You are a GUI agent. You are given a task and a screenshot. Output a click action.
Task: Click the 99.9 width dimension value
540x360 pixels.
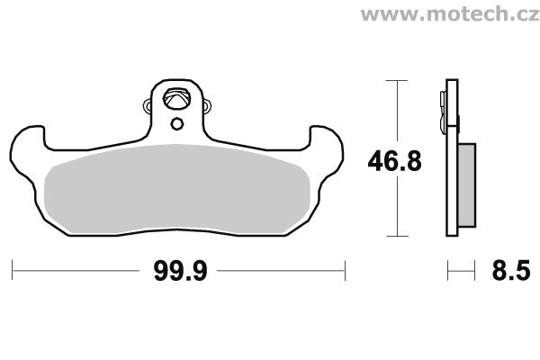[181, 271]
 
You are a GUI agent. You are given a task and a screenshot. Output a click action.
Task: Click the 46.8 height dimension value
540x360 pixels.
[395, 161]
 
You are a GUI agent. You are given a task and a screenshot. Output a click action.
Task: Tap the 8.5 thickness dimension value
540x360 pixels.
[511, 270]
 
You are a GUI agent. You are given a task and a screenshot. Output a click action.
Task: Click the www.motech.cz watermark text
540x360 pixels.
[450, 14]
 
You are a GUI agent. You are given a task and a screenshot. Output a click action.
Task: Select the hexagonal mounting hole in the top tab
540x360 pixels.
[176, 98]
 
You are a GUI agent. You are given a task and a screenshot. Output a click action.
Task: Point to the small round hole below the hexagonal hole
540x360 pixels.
[177, 123]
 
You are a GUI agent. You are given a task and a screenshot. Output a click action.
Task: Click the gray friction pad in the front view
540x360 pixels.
[177, 189]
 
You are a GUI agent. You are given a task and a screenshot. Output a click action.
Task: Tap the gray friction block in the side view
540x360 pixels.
[467, 185]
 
